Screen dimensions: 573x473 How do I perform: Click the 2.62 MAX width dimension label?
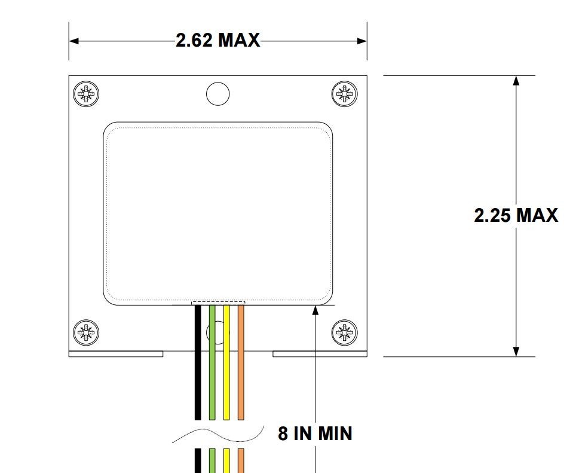pyautogui.click(x=218, y=40)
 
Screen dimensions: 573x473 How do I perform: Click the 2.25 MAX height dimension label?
pyautogui.click(x=516, y=215)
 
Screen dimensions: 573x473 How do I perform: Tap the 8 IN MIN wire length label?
pyautogui.click(x=315, y=433)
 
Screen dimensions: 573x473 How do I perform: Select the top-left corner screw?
pyautogui.click(x=86, y=94)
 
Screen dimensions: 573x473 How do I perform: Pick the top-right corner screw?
pyautogui.click(x=344, y=94)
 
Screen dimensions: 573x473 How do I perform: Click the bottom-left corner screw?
pyautogui.click(x=86, y=332)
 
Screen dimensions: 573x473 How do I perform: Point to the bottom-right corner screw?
pyautogui.click(x=344, y=332)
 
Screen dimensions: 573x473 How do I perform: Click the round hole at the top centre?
pyautogui.click(x=218, y=94)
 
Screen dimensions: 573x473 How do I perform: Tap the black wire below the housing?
pyautogui.click(x=198, y=362)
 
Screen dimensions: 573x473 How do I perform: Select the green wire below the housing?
pyautogui.click(x=212, y=362)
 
